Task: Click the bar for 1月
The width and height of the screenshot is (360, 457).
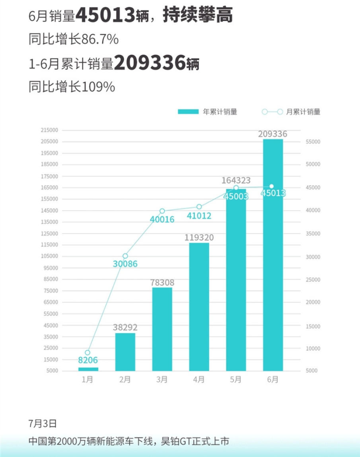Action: pyautogui.click(x=88, y=369)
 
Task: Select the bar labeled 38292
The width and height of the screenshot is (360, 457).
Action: pyautogui.click(x=125, y=352)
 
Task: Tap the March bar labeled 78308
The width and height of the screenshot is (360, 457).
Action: pyautogui.click(x=162, y=329)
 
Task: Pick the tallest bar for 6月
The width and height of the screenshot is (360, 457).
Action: pyautogui.click(x=273, y=254)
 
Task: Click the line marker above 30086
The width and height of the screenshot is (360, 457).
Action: pyautogui.click(x=125, y=256)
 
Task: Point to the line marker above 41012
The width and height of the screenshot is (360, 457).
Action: pyautogui.click(x=199, y=207)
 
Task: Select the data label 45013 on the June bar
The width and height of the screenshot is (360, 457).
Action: pyautogui.click(x=273, y=194)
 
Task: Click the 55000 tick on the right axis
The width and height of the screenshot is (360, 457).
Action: pyautogui.click(x=312, y=142)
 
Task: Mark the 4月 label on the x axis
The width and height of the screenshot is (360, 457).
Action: pyautogui.click(x=199, y=380)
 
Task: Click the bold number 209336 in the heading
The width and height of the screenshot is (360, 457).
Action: pyautogui.click(x=150, y=63)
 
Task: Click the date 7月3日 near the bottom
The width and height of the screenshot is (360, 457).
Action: pyautogui.click(x=42, y=424)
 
